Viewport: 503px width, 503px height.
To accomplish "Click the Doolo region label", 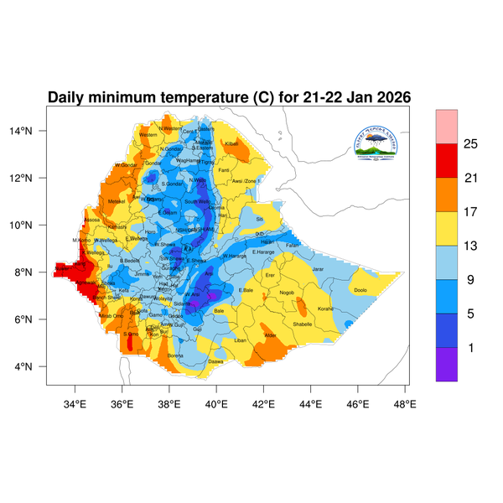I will (360, 290).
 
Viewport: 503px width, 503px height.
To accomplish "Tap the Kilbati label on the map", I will (232, 144).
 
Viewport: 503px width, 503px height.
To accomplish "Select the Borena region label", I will (175, 355).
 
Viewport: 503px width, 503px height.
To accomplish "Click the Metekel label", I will (117, 201).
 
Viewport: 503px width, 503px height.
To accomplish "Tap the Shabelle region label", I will (303, 324).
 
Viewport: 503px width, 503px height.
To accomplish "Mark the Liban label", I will (241, 340).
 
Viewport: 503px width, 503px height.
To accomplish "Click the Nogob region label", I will (288, 293).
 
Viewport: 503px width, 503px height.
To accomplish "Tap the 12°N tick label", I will (32, 178).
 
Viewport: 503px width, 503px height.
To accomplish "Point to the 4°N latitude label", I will (34, 366).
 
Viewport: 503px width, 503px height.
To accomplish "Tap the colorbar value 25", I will (470, 144).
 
